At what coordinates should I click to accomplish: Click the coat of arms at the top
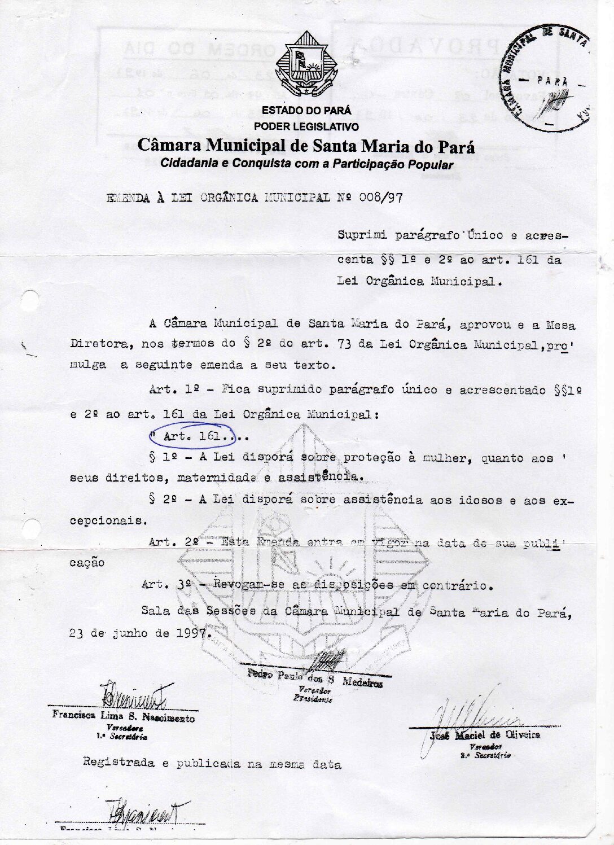[x=305, y=64]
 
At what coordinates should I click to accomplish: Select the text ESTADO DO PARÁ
[x=306, y=111]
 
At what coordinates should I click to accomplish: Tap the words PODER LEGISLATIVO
[x=306, y=126]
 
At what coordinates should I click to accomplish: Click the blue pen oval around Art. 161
[x=192, y=436]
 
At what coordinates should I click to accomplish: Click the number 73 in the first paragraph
[x=345, y=344]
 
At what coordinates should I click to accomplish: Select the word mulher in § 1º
[x=450, y=458]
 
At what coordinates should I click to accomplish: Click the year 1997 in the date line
[x=192, y=633]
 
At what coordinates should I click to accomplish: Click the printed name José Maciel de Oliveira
[x=485, y=735]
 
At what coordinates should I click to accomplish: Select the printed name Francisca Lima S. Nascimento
[x=124, y=716]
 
